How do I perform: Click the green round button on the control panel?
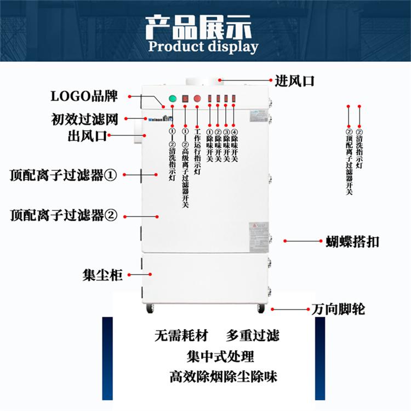point(173,99)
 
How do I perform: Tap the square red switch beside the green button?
point(185,99)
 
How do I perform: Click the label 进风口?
point(295,82)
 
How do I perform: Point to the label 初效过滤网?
point(85,118)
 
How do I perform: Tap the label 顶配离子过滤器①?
point(64,175)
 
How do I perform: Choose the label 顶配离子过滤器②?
point(64,215)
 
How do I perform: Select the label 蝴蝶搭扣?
point(349,242)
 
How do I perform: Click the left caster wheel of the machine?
point(149,309)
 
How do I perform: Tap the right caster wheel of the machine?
point(261,309)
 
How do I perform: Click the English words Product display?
point(203,46)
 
